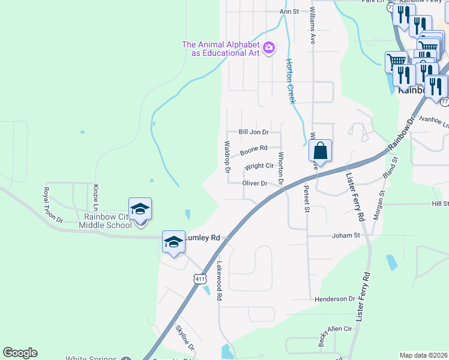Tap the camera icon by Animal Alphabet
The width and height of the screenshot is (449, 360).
[x=269, y=47]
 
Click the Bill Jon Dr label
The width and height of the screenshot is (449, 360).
[x=253, y=131]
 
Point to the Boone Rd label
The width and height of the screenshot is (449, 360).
[x=253, y=148]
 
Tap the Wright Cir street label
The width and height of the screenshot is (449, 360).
[x=259, y=166]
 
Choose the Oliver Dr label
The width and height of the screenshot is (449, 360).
[x=255, y=183]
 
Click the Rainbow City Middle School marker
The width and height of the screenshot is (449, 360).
[x=140, y=209]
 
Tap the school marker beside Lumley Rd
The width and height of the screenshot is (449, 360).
[x=173, y=242]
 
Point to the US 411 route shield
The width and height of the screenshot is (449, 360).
[x=200, y=278]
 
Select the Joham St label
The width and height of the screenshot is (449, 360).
[x=345, y=236]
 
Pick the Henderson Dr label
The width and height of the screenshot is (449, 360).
[x=335, y=298]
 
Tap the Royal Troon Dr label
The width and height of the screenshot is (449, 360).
[x=52, y=205]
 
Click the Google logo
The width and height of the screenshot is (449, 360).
[x=20, y=353]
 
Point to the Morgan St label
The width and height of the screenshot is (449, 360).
[x=377, y=204]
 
